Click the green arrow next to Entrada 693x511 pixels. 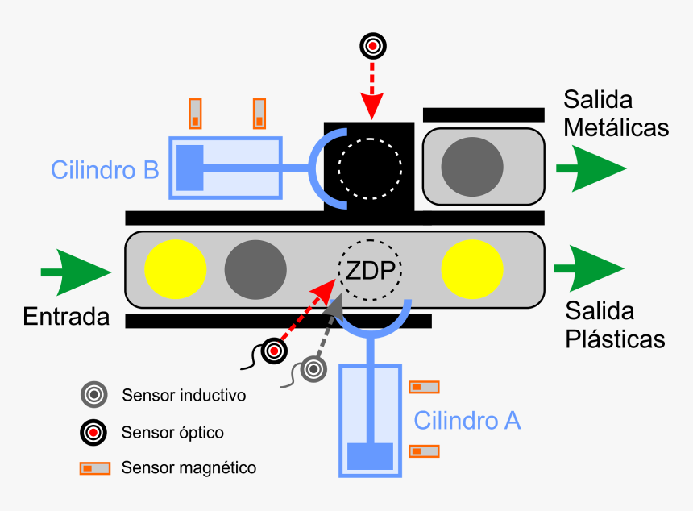coord(77,271)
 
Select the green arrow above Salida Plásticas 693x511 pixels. coord(589,268)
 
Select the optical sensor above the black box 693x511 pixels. coord(371,46)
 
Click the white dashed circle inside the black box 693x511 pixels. coord(370,168)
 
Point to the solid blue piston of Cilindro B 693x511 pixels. coord(190,167)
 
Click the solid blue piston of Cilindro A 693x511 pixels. coord(370,456)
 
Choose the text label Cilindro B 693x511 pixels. coord(104,170)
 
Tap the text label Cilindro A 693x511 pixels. coord(467,420)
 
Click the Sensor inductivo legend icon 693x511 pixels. coord(93,395)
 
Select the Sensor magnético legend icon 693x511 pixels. coord(94,467)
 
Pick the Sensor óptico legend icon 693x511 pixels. coord(93,433)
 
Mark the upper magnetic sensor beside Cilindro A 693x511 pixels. coord(424,387)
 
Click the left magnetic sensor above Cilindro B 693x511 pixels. coord(195,114)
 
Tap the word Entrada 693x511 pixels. coord(66,316)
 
